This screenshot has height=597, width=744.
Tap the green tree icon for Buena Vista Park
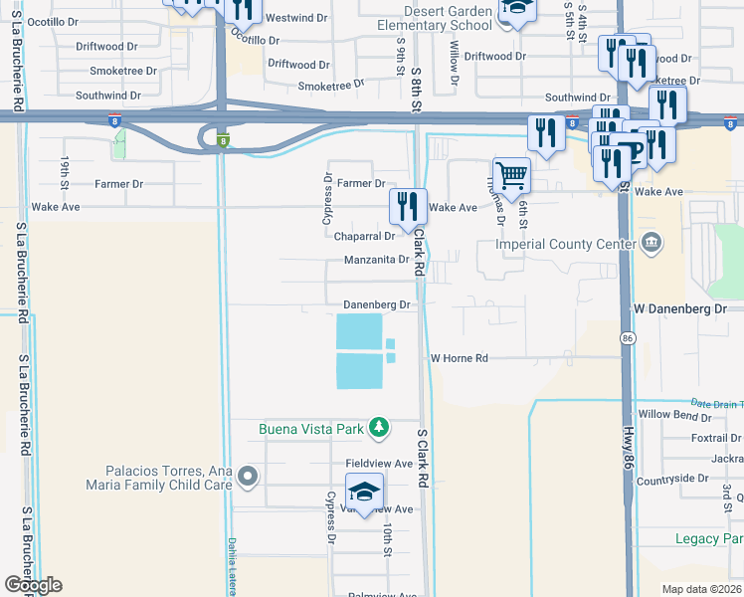tap(378, 429)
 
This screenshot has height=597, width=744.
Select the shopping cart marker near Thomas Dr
tap(511, 176)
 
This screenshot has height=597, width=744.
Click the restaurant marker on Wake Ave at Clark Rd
tap(408, 207)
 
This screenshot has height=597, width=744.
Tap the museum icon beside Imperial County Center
tap(651, 243)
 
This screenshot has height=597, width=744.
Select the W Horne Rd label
tap(459, 358)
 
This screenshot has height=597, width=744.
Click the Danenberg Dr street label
tap(377, 304)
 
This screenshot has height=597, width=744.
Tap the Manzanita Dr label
tap(377, 260)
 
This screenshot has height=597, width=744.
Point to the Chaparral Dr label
tap(365, 236)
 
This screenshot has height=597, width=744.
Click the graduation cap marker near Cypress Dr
tap(364, 493)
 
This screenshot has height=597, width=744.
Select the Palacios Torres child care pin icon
tap(247, 479)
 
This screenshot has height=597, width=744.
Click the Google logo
tap(32, 585)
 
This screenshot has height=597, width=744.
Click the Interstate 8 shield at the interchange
tap(224, 140)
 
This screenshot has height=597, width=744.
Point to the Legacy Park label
tap(709, 538)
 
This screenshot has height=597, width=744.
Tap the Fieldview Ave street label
tap(378, 464)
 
